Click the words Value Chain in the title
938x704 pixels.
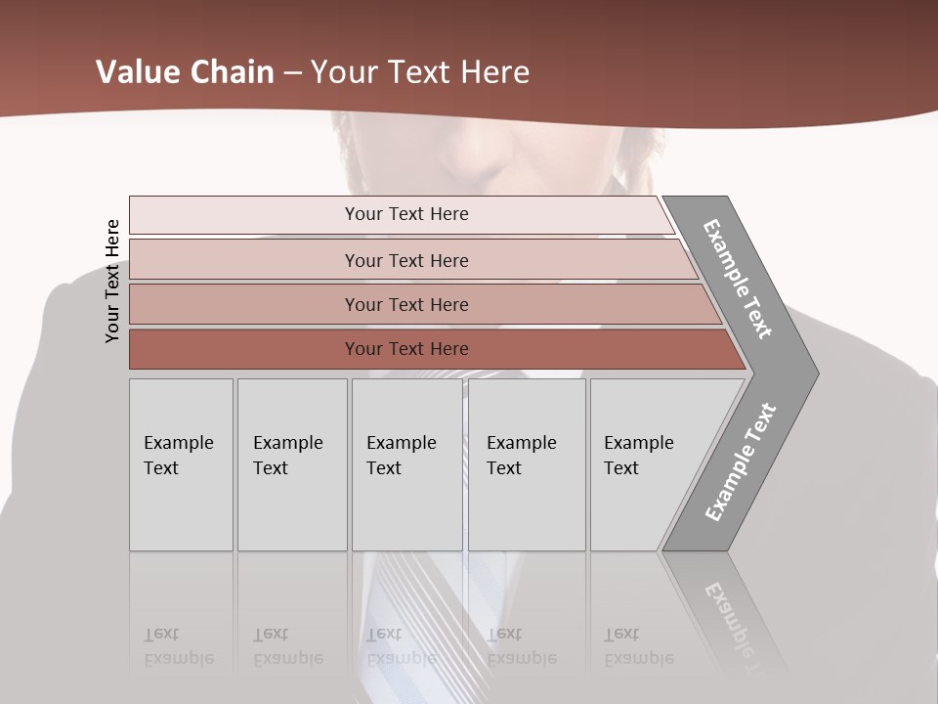point(185,72)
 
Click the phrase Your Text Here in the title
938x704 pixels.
point(420,72)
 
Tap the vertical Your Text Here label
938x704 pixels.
point(112,281)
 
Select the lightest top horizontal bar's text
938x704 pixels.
point(406,214)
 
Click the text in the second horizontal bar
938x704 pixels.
point(406,260)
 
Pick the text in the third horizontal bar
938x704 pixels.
point(406,305)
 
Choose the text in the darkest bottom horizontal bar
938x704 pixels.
point(406,349)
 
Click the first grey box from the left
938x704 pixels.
point(181,464)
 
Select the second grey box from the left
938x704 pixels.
point(291,464)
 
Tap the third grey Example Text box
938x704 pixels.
point(406,464)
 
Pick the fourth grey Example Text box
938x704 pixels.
point(527,464)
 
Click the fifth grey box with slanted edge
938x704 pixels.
point(645,464)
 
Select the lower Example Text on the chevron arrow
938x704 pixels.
point(741,462)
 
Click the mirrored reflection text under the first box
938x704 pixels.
point(179,646)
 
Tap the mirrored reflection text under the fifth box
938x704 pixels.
point(639,646)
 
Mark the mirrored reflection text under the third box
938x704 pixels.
point(401,646)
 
